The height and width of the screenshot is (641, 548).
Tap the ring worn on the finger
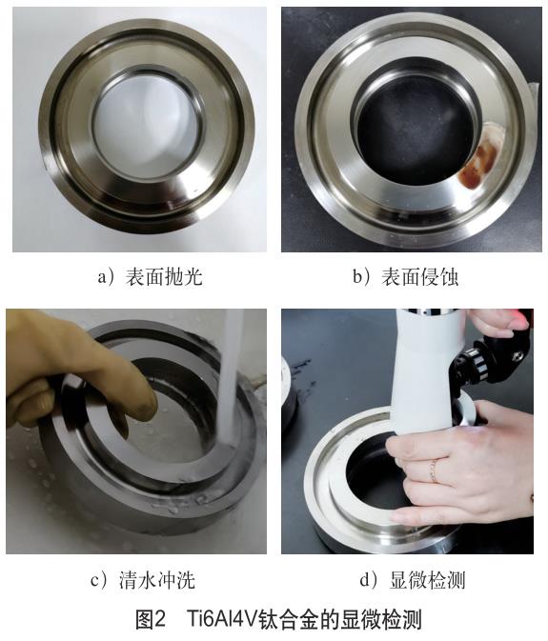(x=433, y=470)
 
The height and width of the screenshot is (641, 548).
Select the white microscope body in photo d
(x=420, y=381)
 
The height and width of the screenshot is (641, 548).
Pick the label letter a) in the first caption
(x=106, y=277)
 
